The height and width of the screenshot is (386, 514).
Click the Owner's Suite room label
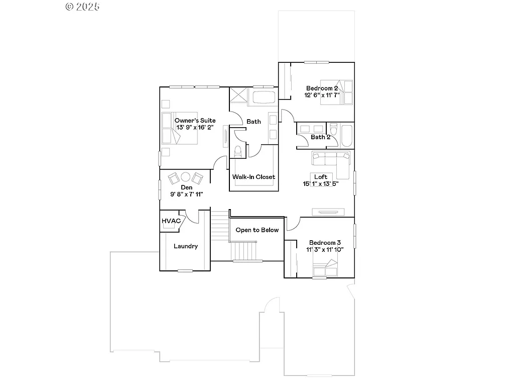coord(195,121)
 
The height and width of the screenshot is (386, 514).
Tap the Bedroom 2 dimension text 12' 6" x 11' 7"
coord(322,95)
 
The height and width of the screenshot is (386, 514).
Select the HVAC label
coord(171,221)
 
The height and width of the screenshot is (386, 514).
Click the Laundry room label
coord(186,246)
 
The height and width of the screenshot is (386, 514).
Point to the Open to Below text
coord(257,230)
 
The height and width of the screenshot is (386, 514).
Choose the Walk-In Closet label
coord(253,177)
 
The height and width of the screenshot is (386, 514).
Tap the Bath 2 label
coord(320,137)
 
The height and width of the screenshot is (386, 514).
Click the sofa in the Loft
coord(330,160)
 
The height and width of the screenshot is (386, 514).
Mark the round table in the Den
coord(185,177)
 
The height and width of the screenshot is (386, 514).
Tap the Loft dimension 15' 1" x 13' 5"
coord(321,183)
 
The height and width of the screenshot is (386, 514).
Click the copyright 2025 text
coord(83,7)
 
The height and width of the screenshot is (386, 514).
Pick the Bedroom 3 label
coord(325,242)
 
